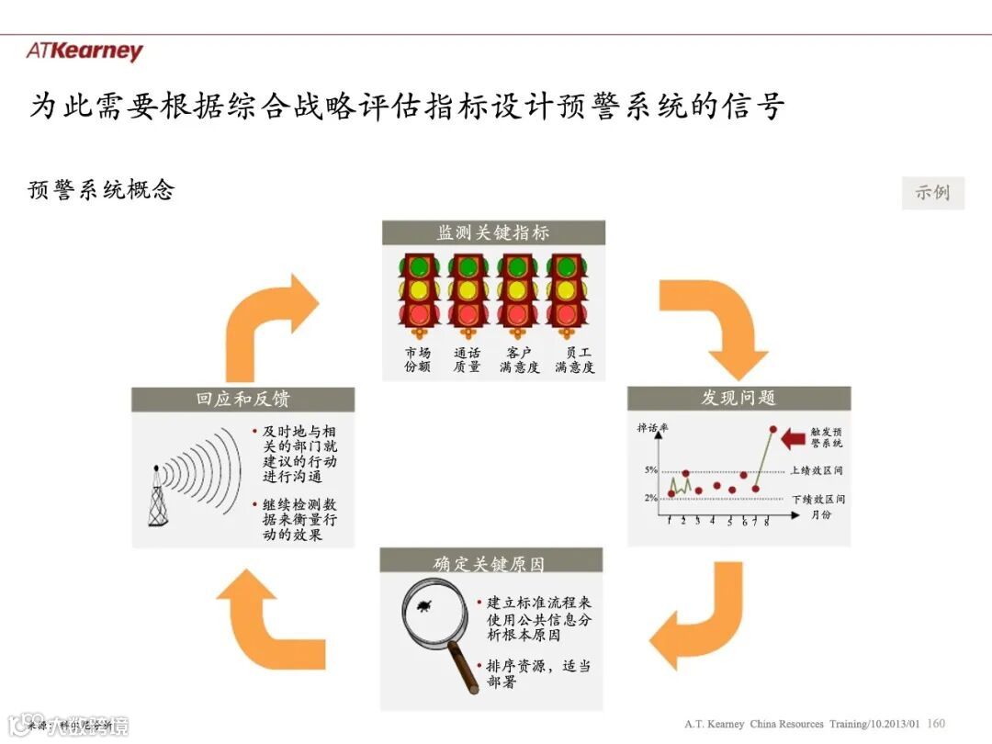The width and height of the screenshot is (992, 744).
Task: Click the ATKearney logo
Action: pyautogui.click(x=85, y=51)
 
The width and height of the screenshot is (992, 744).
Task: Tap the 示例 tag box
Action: pyautogui.click(x=932, y=193)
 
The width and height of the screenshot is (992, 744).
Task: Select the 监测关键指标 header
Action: pyautogui.click(x=493, y=232)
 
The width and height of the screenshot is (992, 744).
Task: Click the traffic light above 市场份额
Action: pyautogui.click(x=418, y=292)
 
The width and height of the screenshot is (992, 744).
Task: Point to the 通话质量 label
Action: pyautogui.click(x=467, y=360)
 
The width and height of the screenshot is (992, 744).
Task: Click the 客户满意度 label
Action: pyautogui.click(x=519, y=360)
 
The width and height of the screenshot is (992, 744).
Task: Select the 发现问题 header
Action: pyautogui.click(x=738, y=398)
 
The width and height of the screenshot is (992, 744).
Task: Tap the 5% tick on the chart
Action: pyautogui.click(x=650, y=470)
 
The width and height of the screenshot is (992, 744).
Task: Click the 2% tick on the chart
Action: pyautogui.click(x=650, y=498)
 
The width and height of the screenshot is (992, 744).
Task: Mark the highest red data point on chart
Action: pyautogui.click(x=773, y=429)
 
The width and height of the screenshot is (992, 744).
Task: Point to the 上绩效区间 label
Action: pyautogui.click(x=817, y=470)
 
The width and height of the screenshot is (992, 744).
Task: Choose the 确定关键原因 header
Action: pyautogui.click(x=490, y=562)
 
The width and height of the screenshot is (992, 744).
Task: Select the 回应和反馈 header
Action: pyautogui.click(x=242, y=400)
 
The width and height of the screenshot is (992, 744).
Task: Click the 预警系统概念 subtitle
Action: pyautogui.click(x=102, y=190)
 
